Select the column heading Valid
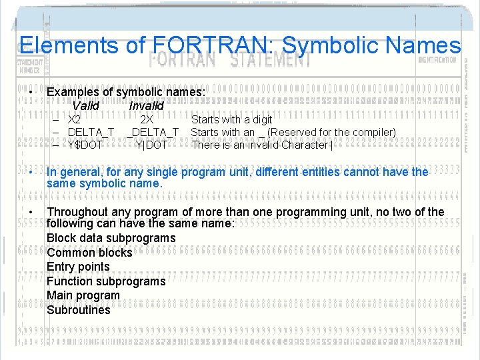[x=85, y=106]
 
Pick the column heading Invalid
[x=146, y=106]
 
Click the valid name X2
[x=75, y=120]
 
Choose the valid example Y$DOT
[x=85, y=145]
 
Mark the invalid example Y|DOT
[x=151, y=145]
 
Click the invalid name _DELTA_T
[x=154, y=132]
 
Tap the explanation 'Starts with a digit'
[x=231, y=120]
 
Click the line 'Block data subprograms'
[x=111, y=238]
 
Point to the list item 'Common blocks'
[x=89, y=253]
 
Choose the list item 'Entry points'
[x=78, y=267]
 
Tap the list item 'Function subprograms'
[x=106, y=281]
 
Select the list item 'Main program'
[x=83, y=295]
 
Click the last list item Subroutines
[x=79, y=310]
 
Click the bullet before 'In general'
[x=31, y=172]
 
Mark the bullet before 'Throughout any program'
[x=31, y=212]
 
